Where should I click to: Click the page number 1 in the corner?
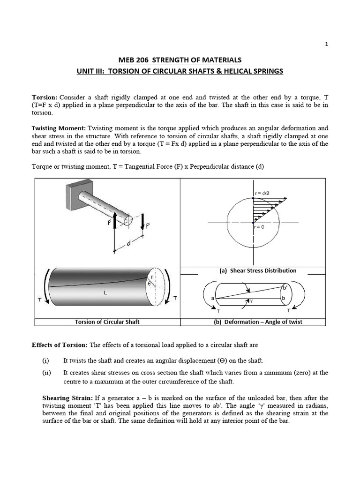pos(327,44)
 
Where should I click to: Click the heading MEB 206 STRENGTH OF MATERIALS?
pos(180,60)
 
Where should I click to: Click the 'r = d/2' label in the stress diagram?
pos(262,193)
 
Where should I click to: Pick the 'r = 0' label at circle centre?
pos(259,227)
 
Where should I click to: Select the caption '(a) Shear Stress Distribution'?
pos(258,270)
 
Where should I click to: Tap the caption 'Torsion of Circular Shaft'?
pos(107,322)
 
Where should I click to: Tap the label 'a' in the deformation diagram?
pos(213,298)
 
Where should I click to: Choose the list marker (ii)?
pos(45,373)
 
